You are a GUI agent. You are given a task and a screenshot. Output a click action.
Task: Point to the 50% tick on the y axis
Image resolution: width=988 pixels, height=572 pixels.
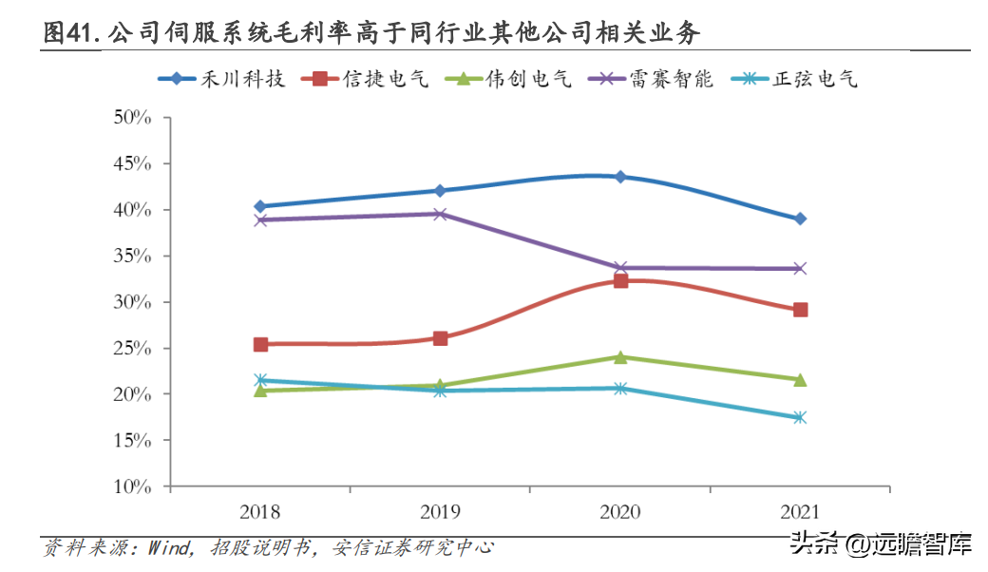pyautogui.click(x=133, y=118)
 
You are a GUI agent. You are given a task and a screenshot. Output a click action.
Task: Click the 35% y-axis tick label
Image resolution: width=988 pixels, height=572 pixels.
pyautogui.click(x=133, y=257)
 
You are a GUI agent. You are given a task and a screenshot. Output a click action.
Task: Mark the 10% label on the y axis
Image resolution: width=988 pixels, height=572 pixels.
pyautogui.click(x=133, y=487)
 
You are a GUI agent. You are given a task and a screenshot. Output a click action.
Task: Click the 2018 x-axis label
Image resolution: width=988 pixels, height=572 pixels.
pyautogui.click(x=260, y=513)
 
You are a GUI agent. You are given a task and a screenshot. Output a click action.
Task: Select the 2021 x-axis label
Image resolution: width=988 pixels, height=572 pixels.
pyautogui.click(x=800, y=513)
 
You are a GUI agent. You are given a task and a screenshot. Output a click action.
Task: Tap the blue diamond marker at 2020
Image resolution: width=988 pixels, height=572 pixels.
pyautogui.click(x=620, y=177)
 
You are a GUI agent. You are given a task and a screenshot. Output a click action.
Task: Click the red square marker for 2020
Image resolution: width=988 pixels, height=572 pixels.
pyautogui.click(x=620, y=280)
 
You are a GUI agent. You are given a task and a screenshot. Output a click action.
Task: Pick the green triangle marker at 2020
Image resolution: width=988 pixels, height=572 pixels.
pyautogui.click(x=620, y=357)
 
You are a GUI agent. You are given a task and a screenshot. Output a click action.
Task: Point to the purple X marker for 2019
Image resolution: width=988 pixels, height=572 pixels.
pyautogui.click(x=440, y=214)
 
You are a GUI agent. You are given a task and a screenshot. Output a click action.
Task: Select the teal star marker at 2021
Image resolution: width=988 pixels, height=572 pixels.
pyautogui.click(x=800, y=417)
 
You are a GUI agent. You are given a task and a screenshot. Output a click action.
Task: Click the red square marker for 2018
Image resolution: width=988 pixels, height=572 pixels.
pyautogui.click(x=260, y=344)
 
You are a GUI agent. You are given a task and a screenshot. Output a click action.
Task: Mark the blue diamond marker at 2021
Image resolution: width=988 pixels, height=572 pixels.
pyautogui.click(x=800, y=219)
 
